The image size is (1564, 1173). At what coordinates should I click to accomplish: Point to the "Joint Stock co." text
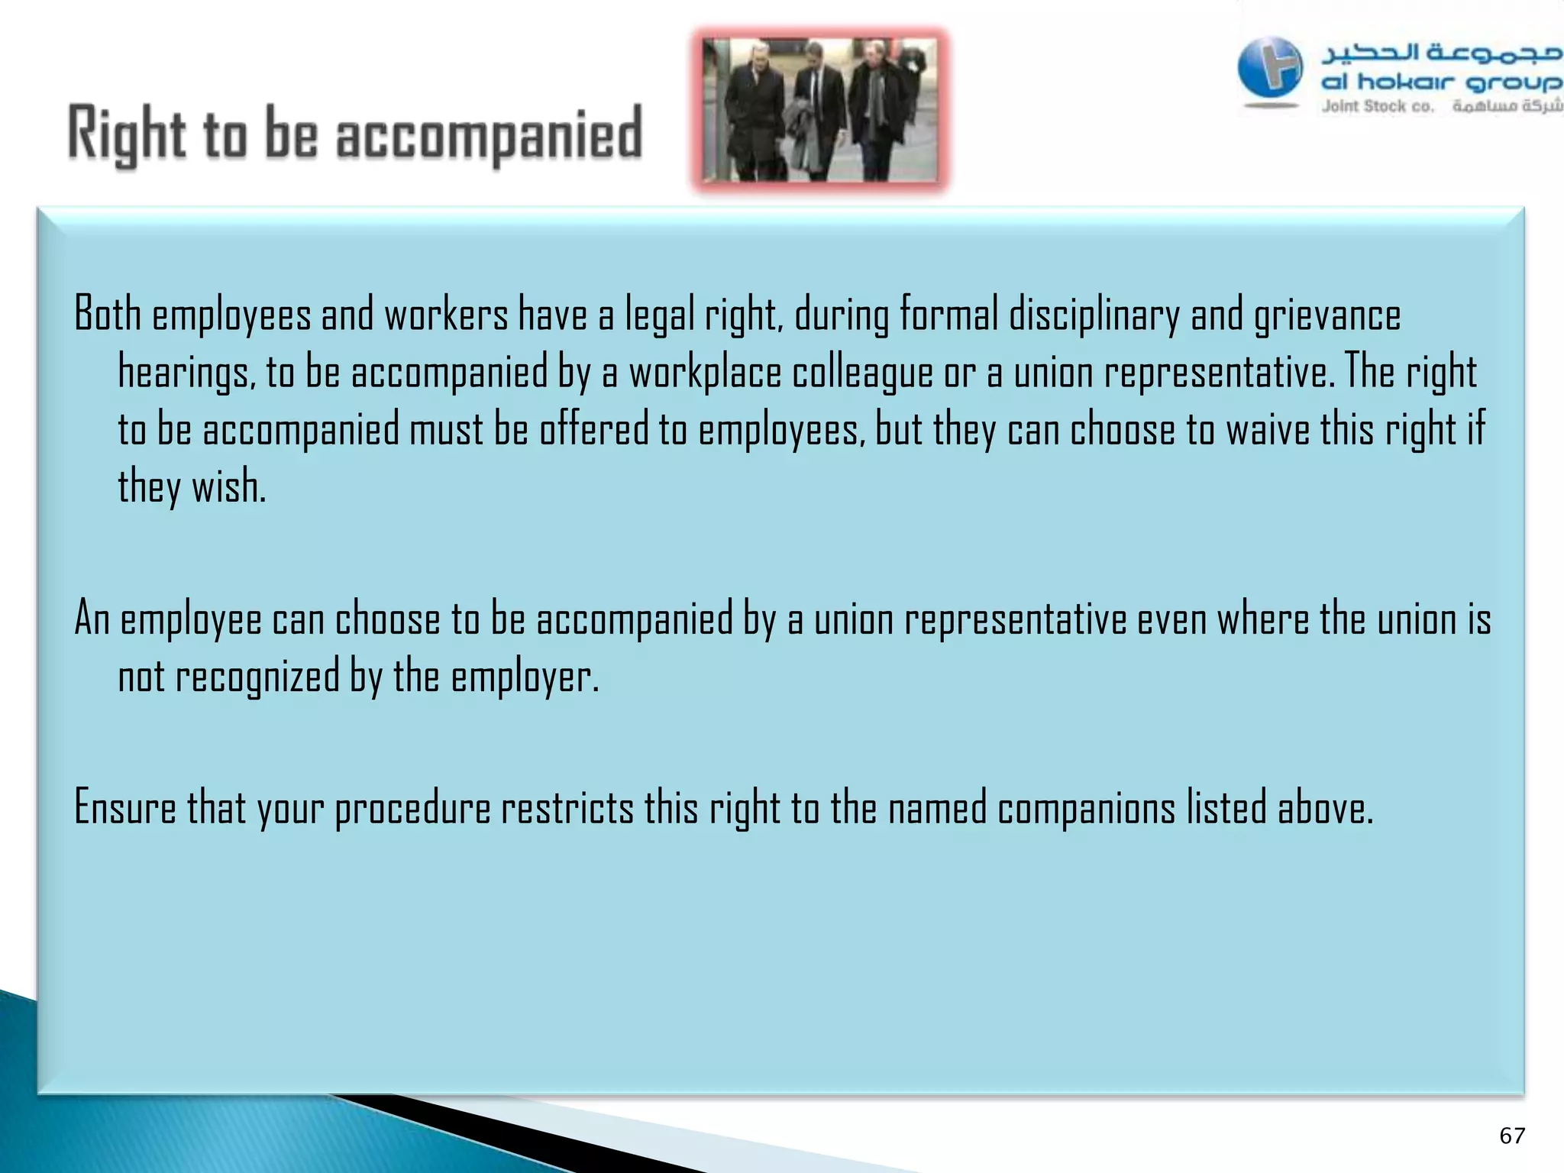[x=1378, y=107]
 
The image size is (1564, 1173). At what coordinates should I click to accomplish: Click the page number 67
[x=1512, y=1136]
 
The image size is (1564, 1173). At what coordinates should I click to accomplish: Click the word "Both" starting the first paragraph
[x=108, y=314]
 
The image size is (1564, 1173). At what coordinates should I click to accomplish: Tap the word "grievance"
[x=1327, y=315]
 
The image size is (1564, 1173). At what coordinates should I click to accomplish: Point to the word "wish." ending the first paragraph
[x=228, y=486]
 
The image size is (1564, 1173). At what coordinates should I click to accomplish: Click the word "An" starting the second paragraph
[x=92, y=619]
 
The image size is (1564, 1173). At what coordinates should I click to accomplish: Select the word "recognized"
[x=257, y=677]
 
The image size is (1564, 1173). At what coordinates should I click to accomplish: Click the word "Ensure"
[x=125, y=808]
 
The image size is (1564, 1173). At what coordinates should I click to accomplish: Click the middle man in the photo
[x=819, y=111]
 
